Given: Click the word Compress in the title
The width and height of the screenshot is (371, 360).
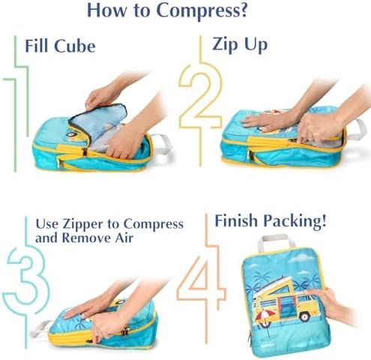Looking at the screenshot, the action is (x=202, y=11).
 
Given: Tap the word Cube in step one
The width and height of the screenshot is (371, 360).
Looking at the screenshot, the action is (x=75, y=46).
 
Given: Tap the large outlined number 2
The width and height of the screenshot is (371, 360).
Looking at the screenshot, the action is (x=201, y=97).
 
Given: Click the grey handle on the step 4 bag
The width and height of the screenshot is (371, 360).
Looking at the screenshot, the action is (x=276, y=241).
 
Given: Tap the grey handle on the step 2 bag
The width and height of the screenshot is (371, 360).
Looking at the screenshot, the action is (x=358, y=130).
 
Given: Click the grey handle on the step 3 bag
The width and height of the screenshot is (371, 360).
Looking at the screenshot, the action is (x=40, y=328).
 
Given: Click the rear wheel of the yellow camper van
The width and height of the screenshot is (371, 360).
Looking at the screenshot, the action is (x=304, y=316).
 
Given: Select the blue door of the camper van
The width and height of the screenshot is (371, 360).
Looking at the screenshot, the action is (x=286, y=307).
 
